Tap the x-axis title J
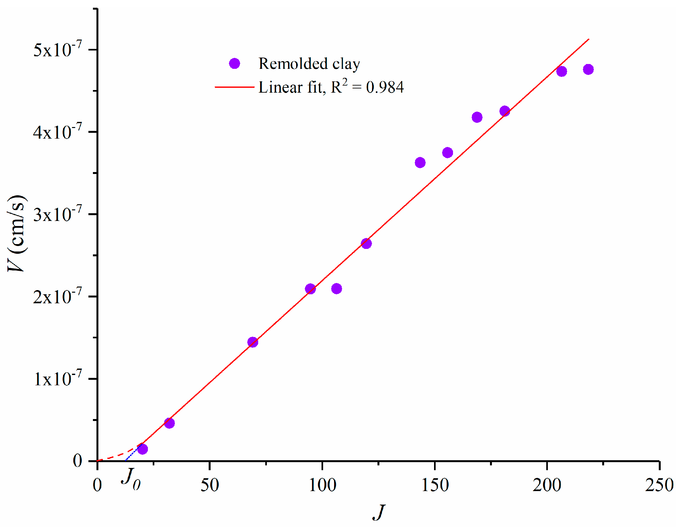(x=379, y=512)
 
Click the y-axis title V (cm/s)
(x=17, y=233)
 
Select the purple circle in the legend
(x=234, y=64)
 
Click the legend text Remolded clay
(x=309, y=64)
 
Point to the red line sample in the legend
(x=234, y=87)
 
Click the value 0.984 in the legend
(x=385, y=87)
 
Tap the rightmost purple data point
(x=588, y=69)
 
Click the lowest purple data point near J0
(x=142, y=449)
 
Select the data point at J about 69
(x=253, y=342)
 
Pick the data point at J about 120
(x=366, y=243)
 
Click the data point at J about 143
(x=420, y=163)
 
